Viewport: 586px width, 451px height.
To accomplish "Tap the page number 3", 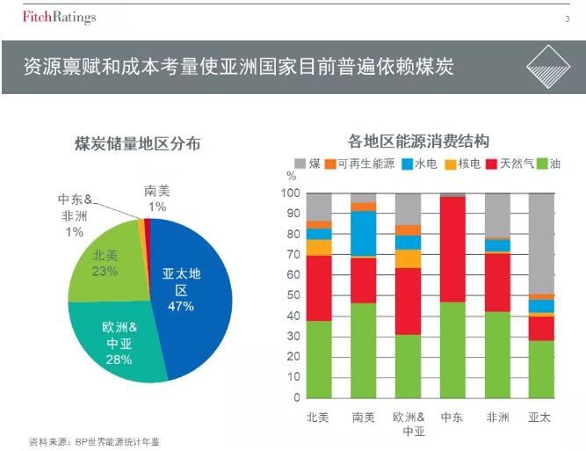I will pyautogui.click(x=566, y=18).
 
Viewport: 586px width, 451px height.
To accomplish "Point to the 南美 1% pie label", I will pyautogui.click(x=157, y=199).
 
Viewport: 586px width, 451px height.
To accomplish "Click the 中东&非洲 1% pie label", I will pyautogui.click(x=77, y=216).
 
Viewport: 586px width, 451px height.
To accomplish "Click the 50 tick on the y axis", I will pyautogui.click(x=293, y=295).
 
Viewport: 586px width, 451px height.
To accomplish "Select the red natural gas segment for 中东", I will pyautogui.click(x=452, y=250).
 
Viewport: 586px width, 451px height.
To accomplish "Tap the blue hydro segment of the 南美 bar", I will pyautogui.click(x=364, y=232).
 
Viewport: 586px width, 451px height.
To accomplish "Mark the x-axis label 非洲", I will pyautogui.click(x=497, y=418).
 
